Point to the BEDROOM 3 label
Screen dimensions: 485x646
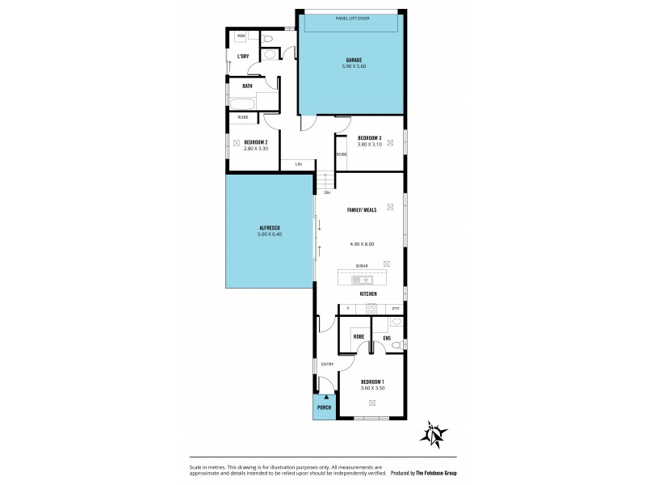point(370,137)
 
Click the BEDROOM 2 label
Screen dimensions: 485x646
point(255,141)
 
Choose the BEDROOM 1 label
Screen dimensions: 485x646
point(372,382)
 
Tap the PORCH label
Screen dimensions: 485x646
point(324,407)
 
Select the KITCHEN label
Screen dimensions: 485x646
point(369,294)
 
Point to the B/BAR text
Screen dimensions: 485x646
point(362,266)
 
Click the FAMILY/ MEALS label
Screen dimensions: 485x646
point(362,209)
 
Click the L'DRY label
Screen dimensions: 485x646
point(242,56)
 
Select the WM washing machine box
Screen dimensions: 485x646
point(241,36)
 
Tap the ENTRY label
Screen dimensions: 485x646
point(327,365)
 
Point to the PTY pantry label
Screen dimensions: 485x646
point(395,309)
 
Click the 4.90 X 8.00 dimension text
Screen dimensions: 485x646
point(362,243)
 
